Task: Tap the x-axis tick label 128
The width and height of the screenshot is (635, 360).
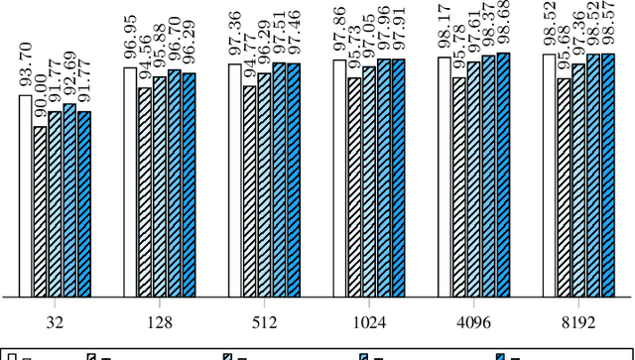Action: pos(160,322)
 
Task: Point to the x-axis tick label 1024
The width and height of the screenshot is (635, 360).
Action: pos(370,322)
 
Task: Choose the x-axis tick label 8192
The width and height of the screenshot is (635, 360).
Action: pos(579,322)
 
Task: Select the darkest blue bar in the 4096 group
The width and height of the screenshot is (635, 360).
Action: pos(503,175)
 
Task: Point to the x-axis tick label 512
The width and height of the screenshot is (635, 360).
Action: pos(265,322)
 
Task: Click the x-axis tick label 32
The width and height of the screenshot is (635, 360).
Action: pos(55,322)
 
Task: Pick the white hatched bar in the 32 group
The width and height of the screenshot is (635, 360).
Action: pos(41,212)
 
